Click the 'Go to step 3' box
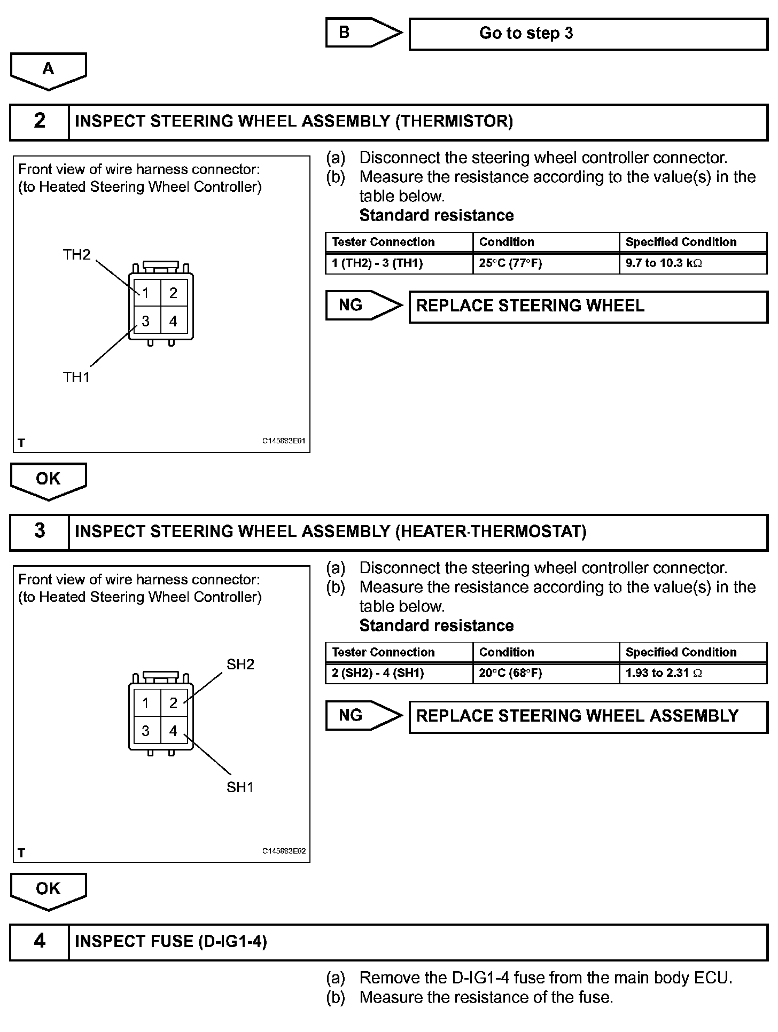(x=588, y=34)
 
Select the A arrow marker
(x=48, y=70)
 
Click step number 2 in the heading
(x=40, y=121)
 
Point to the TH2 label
(x=77, y=255)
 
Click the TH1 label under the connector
(x=76, y=377)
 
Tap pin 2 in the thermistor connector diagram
(x=173, y=293)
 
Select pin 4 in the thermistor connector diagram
(x=173, y=321)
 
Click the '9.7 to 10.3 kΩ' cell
(x=693, y=263)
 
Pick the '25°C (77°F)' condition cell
(x=546, y=263)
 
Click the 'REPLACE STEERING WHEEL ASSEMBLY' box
(x=588, y=716)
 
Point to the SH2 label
(x=240, y=664)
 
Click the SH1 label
(x=240, y=787)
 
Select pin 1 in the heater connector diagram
(x=145, y=703)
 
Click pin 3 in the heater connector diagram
(x=145, y=731)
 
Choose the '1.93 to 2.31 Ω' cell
(x=693, y=674)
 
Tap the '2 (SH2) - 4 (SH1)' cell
(x=399, y=674)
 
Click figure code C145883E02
(x=284, y=851)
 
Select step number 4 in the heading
(x=40, y=942)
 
